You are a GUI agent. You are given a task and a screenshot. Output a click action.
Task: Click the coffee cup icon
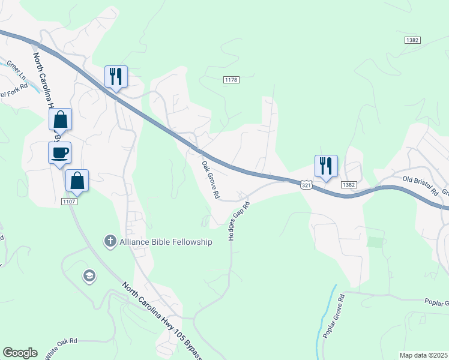59,152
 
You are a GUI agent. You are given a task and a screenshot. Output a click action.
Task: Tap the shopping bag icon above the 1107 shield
77,180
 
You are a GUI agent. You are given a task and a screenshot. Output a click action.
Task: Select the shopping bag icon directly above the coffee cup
61,119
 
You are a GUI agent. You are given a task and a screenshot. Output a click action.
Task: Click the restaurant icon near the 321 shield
326,166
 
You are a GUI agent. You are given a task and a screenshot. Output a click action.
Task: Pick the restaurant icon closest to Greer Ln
116,76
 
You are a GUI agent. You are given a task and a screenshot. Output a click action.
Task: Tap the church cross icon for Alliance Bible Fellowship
110,242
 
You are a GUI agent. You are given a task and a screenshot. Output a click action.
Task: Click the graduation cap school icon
89,276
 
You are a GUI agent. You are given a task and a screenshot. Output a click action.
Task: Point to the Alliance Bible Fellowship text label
165,242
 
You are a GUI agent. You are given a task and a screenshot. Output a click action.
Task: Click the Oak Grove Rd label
211,180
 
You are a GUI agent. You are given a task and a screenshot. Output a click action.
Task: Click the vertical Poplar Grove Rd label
334,317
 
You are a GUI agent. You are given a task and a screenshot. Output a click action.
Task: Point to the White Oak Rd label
61,348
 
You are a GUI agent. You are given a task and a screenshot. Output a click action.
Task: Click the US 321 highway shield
306,185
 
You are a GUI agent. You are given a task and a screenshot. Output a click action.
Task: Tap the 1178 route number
232,80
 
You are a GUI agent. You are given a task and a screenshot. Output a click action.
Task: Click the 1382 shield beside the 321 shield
349,185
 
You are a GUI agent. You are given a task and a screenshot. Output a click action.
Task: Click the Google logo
20,352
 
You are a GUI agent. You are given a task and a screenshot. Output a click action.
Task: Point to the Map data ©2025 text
423,355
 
